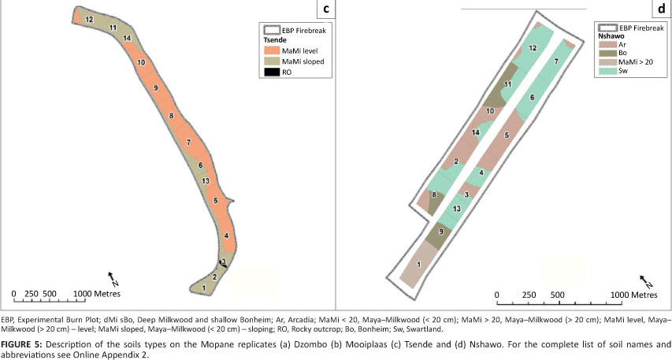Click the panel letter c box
pos(326,9)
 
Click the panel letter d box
pos(662,9)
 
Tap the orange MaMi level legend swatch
pos(272,51)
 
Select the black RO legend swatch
pos(272,72)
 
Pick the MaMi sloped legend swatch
pos(272,61)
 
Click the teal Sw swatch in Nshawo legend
pos(607,71)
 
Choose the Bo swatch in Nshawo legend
pos(607,53)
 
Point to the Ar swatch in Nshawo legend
pos(607,45)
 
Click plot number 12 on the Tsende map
pos(89,19)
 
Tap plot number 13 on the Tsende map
pos(206,181)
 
